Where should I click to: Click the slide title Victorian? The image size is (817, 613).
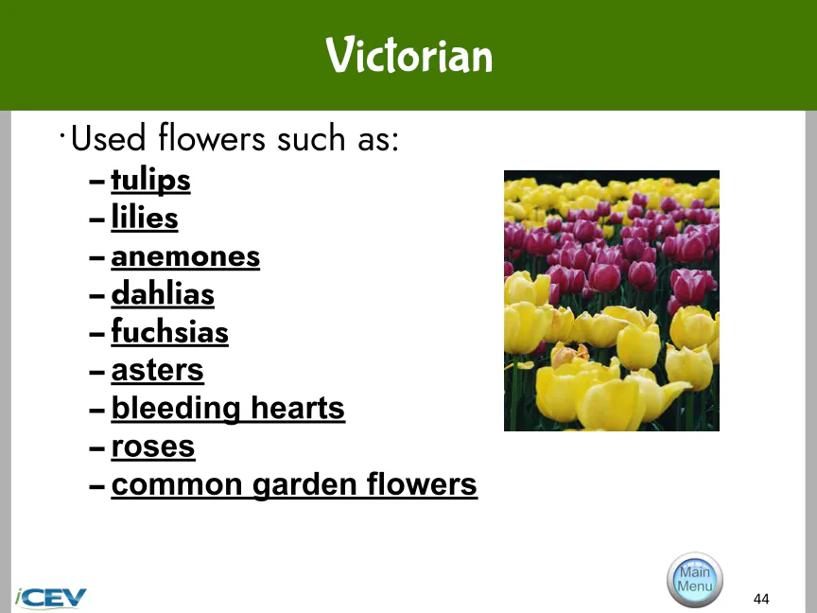click(409, 55)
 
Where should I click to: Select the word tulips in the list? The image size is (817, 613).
click(150, 181)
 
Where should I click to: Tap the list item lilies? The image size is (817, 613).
click(145, 217)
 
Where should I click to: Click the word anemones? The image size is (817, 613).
click(185, 256)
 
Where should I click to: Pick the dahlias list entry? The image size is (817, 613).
click(163, 293)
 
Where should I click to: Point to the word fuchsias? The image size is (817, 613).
click(169, 331)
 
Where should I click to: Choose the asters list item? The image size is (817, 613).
click(157, 370)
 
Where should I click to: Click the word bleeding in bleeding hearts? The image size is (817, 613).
click(176, 408)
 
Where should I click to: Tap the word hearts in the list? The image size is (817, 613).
click(298, 408)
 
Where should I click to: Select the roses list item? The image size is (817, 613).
click(152, 447)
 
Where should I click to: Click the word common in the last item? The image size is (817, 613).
click(177, 484)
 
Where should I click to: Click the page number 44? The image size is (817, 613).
click(761, 599)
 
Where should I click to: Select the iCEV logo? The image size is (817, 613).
click(50, 598)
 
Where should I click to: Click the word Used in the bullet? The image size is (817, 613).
click(108, 138)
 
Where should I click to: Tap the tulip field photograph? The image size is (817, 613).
click(612, 301)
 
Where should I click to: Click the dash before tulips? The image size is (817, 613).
click(96, 182)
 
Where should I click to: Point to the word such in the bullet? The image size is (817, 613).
click(311, 139)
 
